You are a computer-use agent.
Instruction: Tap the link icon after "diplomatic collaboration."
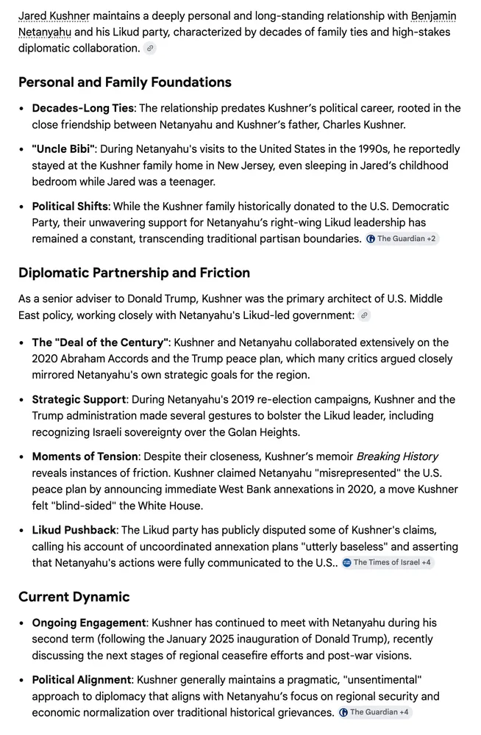pos(150,49)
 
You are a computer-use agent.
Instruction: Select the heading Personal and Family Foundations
pos(125,82)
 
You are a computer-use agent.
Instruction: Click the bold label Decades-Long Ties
pos(82,108)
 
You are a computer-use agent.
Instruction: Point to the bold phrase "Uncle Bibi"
pos(63,148)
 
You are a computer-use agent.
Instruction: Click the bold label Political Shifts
pos(70,206)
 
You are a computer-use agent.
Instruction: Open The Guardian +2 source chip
pos(402,239)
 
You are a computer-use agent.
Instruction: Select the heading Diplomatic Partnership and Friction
pos(134,273)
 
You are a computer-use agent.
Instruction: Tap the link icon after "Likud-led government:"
pos(363,315)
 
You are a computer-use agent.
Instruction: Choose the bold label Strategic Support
pos(79,400)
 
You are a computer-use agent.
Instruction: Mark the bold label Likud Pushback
pos(74,529)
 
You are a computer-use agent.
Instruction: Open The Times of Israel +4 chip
pos(388,562)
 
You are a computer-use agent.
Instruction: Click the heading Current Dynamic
pos(74,596)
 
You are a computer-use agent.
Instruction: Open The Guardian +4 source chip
pos(374,712)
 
